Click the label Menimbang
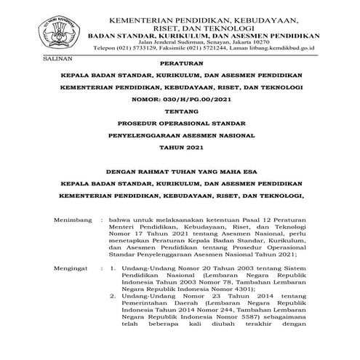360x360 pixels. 73,220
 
